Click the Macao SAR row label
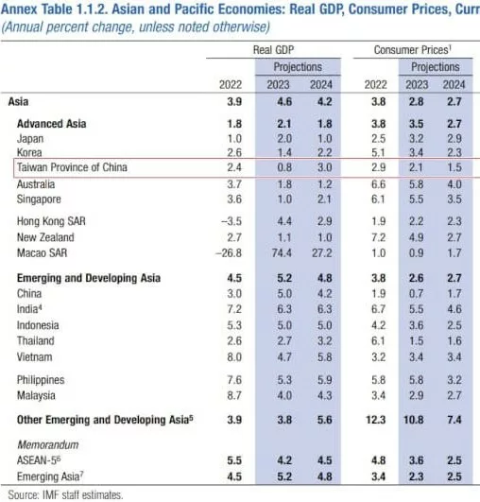pos(42,253)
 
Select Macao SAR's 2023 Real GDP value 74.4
pos(282,253)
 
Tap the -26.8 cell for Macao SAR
pos(229,253)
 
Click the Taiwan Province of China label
pos(72,167)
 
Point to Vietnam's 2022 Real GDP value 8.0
pos(234,357)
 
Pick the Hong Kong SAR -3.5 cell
pos(231,221)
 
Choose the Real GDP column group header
pos(273,50)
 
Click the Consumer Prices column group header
pos(413,50)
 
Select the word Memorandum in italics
pos(48,444)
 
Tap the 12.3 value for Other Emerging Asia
pos(376,420)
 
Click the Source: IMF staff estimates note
pos(65,495)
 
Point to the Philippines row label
pos(41,380)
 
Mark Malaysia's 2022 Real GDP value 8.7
pos(234,395)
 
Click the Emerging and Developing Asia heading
pos(89,278)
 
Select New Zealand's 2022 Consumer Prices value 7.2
pos(378,237)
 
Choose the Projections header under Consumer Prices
pos(436,67)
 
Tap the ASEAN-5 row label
pos(39,460)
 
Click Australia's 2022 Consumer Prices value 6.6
pos(378,184)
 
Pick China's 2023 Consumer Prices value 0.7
pos(416,294)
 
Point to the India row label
pos(29,309)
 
